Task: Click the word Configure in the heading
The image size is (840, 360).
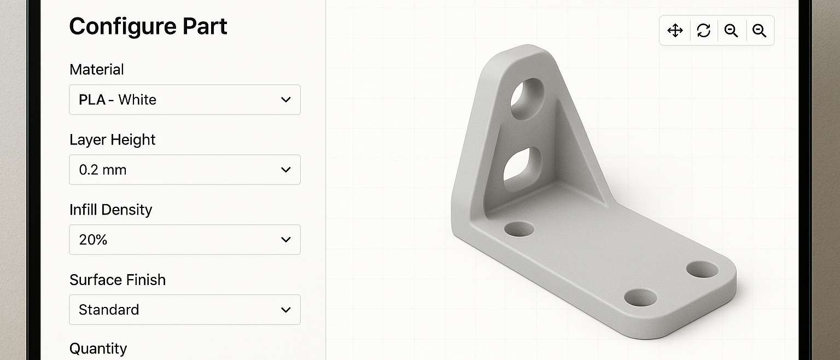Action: [x=123, y=27]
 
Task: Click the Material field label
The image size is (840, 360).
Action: [x=97, y=69]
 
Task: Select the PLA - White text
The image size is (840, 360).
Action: [x=118, y=100]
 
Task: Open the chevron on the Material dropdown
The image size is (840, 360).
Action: [x=286, y=100]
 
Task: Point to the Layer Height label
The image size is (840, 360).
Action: [x=112, y=140]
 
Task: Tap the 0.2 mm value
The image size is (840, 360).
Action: [x=103, y=170]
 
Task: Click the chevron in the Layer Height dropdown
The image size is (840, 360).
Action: [x=286, y=170]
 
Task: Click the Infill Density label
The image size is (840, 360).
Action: [x=110, y=210]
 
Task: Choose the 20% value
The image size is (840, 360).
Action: [x=93, y=240]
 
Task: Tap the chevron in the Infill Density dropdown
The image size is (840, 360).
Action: [x=286, y=240]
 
